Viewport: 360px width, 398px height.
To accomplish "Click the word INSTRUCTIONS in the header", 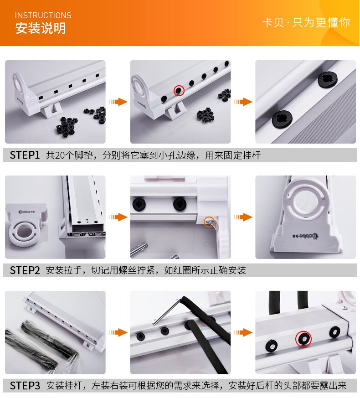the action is (43, 16).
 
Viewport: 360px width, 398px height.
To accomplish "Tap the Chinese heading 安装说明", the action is (41, 28).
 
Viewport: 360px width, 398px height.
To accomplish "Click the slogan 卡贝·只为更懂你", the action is (306, 22).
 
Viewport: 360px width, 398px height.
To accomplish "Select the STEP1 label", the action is (25, 155).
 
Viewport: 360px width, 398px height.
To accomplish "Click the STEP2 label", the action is (25, 270).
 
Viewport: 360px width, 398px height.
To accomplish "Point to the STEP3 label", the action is (25, 386).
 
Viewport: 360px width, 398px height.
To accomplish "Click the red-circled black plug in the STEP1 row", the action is (179, 90).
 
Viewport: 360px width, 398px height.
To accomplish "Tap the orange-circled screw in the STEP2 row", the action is (209, 222).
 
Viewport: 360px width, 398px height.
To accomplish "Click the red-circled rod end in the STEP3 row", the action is (303, 339).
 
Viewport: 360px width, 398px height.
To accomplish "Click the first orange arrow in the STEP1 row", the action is (117, 102).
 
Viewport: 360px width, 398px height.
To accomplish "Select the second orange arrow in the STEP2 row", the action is (243, 217).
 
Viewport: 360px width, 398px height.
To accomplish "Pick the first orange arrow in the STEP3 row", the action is (117, 332).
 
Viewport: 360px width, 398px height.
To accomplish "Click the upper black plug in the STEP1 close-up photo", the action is (328, 79).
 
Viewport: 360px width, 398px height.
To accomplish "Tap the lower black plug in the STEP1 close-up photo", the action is (282, 119).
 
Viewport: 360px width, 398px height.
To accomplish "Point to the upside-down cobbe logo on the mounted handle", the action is (305, 236).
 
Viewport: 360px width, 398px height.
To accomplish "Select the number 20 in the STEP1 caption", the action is (60, 155).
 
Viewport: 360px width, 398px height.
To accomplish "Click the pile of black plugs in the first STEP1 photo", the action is (67, 126).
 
